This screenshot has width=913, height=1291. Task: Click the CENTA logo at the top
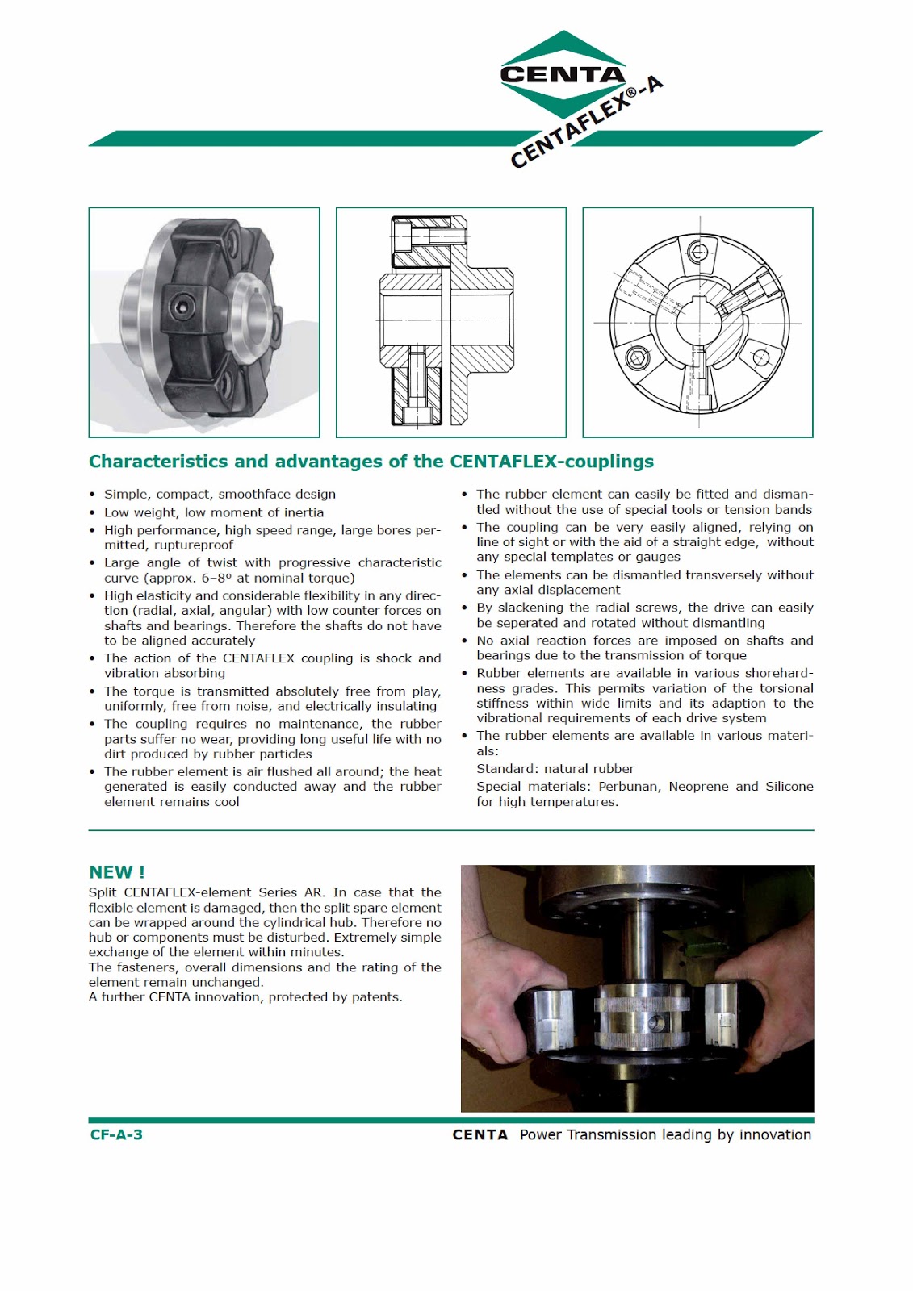563,74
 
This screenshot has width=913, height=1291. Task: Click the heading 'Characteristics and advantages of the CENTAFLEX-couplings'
371,462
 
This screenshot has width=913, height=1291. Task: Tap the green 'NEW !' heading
116,872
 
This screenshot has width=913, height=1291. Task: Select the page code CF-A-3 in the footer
116,1134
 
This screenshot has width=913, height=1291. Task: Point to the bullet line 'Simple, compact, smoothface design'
220,494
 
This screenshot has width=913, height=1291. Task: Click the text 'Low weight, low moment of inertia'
213,512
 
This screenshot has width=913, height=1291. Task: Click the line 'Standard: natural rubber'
555,769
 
